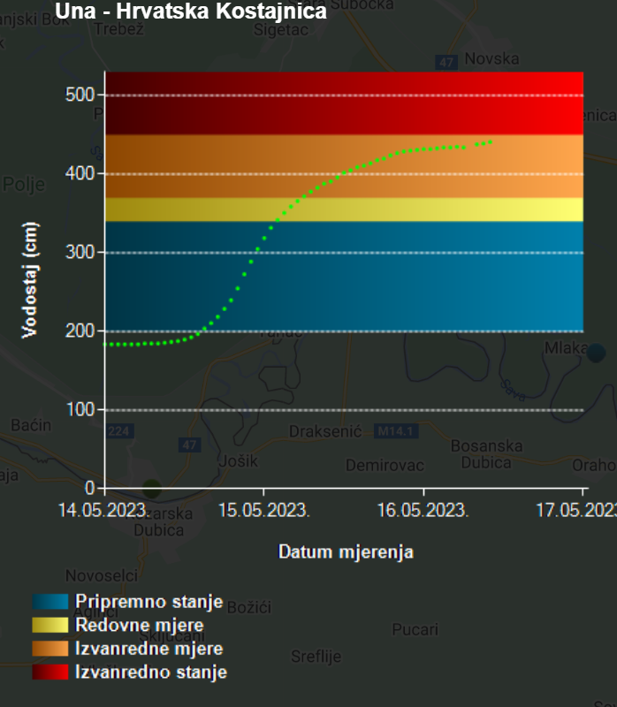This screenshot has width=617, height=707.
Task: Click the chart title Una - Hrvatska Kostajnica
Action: pos(191,11)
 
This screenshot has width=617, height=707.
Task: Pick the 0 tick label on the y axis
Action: pos(90,488)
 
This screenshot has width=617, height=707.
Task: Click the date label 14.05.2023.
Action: pos(104,510)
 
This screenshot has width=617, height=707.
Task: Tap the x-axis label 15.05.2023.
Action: pos(264,510)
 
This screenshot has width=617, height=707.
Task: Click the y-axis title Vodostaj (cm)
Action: pos(30,280)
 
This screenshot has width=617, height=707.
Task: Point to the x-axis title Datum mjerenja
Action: pos(346,552)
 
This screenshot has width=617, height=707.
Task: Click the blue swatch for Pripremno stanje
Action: pos(50,602)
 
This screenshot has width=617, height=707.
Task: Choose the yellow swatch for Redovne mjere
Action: pos(50,626)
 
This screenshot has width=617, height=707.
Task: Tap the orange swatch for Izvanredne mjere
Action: pos(50,649)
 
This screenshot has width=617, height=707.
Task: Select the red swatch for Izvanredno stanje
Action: pos(50,673)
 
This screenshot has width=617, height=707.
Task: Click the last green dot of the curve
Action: pos(491,141)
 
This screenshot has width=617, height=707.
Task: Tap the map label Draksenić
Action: pos(325,431)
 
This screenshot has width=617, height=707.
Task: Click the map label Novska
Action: pos(491,58)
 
